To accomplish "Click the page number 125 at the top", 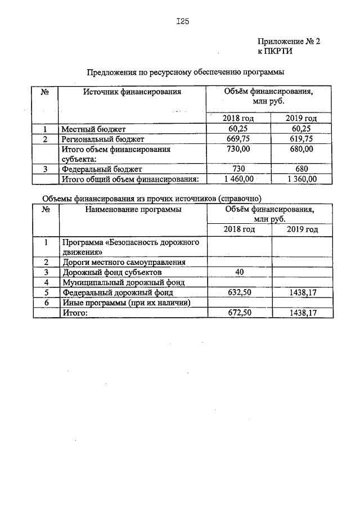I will (x=181, y=22).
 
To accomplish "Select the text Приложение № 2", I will (x=288, y=41).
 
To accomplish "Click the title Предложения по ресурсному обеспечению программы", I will (x=186, y=72).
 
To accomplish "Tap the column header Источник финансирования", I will (x=132, y=91).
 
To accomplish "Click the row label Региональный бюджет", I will (x=103, y=139).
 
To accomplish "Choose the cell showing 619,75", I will (x=302, y=139).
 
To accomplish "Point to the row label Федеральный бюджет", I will (x=102, y=169).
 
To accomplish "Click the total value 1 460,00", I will (x=239, y=179).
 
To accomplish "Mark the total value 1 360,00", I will (x=302, y=179).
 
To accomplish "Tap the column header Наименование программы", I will (x=133, y=209).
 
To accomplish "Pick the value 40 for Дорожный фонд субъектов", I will (x=239, y=272).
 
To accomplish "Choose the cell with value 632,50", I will (x=239, y=292).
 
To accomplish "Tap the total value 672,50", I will (x=239, y=313).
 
